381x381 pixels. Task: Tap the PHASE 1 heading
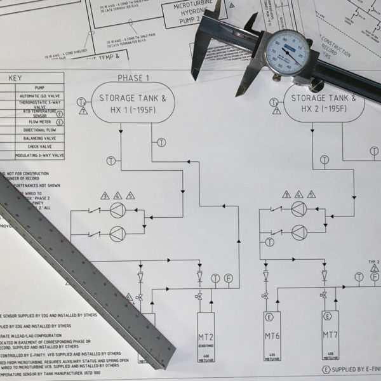[x=134, y=78]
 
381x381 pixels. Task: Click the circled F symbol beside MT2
[x=229, y=277]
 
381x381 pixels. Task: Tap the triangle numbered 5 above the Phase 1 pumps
[x=131, y=195]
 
